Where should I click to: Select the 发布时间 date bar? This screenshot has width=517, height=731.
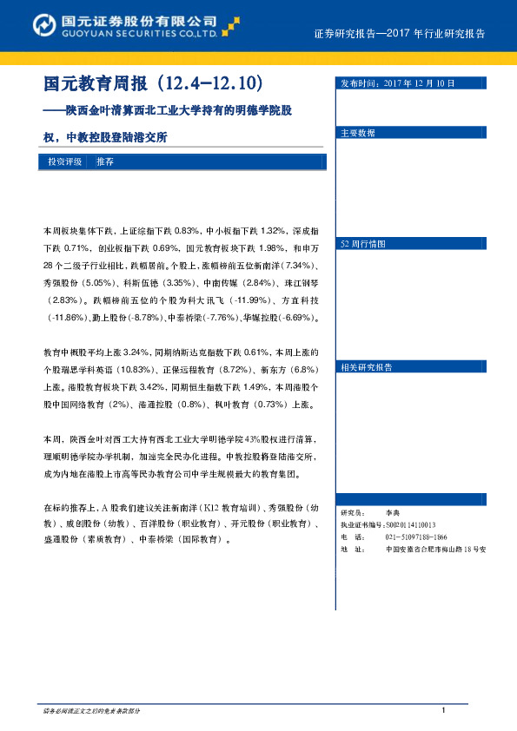pyautogui.click(x=416, y=83)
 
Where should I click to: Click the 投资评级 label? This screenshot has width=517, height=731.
pyautogui.click(x=65, y=162)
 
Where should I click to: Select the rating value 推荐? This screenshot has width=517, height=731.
pyautogui.click(x=105, y=162)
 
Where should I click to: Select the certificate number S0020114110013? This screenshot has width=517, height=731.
pyautogui.click(x=410, y=525)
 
